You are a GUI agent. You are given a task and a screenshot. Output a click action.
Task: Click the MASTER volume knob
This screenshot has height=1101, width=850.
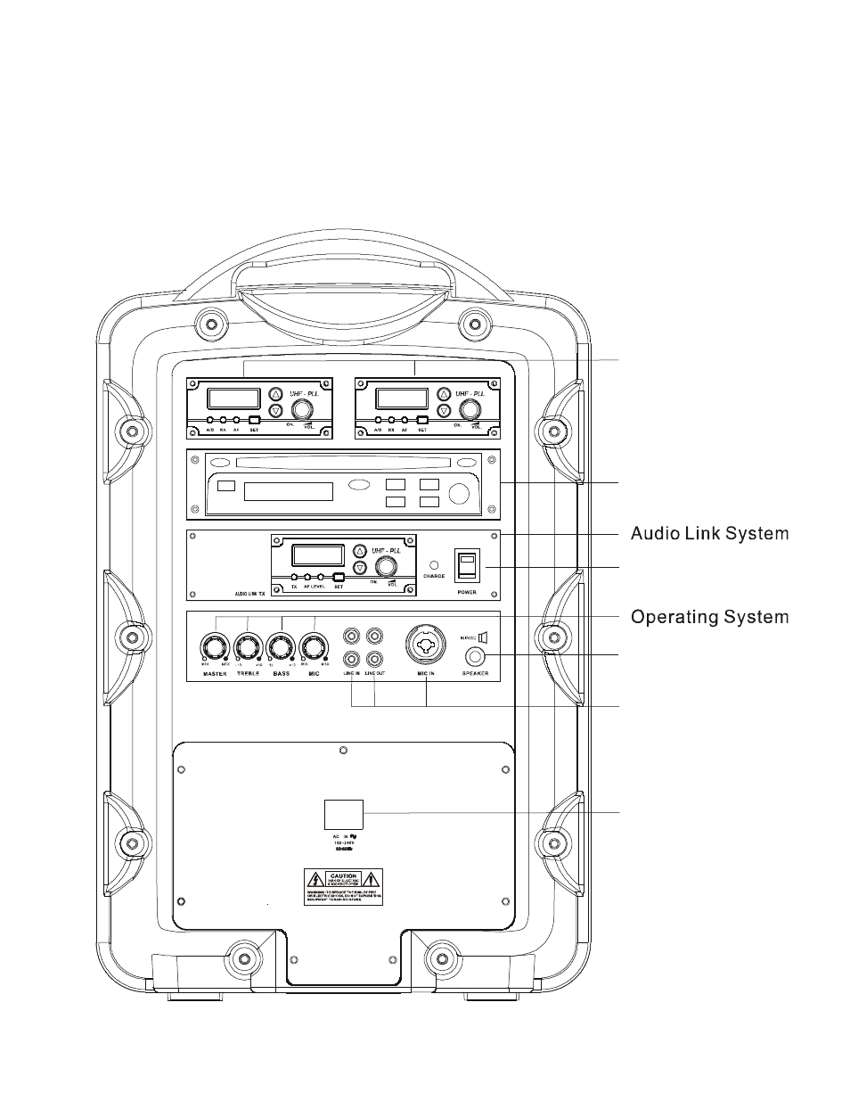point(215,645)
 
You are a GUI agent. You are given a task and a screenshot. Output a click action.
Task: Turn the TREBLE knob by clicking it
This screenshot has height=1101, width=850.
point(247,645)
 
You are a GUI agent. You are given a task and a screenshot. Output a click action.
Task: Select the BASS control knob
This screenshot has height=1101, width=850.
point(280,645)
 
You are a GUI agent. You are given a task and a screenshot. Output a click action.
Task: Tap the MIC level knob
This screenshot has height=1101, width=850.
point(313,645)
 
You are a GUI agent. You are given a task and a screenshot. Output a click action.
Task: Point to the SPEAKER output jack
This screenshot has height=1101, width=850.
point(477,658)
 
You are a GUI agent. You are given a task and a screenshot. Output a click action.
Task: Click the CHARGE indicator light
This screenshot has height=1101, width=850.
point(434,564)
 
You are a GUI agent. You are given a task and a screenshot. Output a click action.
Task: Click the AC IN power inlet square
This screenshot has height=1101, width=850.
point(344,814)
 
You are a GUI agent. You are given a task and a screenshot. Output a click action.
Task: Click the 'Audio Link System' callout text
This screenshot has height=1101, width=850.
point(709,534)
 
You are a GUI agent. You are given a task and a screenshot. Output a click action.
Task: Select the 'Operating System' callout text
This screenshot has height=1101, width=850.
point(709,616)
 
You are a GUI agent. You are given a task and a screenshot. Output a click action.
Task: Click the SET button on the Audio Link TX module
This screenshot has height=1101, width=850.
point(339,576)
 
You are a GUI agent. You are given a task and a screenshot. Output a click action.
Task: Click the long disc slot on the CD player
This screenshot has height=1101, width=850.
point(344,461)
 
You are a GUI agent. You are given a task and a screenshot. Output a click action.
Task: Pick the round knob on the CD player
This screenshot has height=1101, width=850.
point(460,493)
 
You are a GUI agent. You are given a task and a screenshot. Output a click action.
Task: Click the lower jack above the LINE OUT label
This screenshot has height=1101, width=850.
point(376,659)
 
